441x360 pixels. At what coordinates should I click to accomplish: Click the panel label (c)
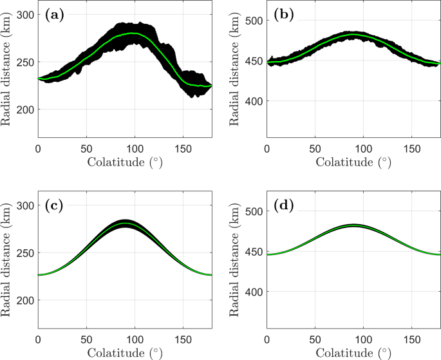[53, 207]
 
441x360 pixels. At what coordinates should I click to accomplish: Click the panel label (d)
[282, 207]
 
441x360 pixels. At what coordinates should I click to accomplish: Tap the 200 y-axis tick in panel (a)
[26, 109]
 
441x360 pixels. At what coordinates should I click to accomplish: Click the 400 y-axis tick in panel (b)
[255, 101]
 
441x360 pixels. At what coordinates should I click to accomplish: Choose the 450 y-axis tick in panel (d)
[255, 252]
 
